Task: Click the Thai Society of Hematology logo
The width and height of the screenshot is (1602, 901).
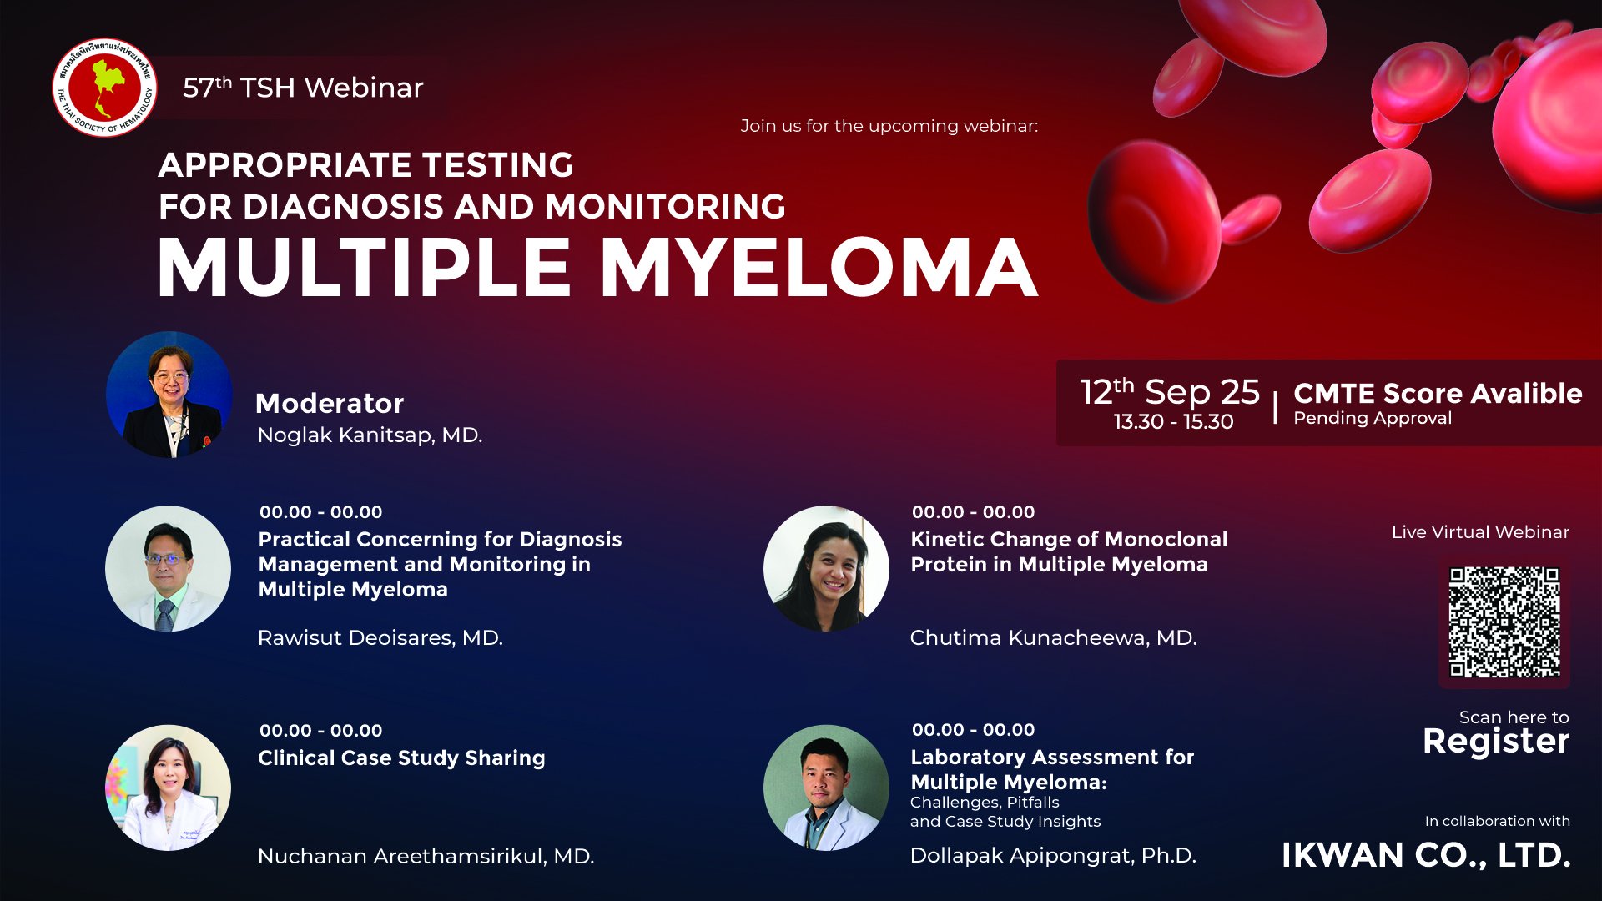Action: click(104, 88)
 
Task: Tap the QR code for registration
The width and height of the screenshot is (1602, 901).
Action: click(1504, 622)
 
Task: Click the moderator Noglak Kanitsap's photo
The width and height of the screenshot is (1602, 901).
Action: click(169, 395)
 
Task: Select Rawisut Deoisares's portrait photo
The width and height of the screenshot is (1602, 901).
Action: click(169, 568)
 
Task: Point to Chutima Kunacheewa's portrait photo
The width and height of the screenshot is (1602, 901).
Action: click(826, 568)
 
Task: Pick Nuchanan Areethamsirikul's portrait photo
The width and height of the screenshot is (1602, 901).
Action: click(169, 788)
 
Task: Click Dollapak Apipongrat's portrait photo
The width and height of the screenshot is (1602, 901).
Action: click(826, 788)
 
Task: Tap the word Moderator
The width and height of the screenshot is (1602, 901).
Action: click(330, 404)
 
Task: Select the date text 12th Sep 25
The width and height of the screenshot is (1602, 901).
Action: click(1170, 391)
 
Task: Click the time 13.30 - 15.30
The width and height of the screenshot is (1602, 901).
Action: click(1173, 421)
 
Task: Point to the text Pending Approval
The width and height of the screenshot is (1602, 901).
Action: click(1373, 418)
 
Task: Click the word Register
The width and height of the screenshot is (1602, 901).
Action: click(1496, 741)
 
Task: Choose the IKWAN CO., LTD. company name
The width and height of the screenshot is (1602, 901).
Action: click(1426, 855)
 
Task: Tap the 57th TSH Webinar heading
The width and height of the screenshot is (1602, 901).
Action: click(303, 88)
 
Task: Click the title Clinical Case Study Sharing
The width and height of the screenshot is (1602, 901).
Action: click(401, 758)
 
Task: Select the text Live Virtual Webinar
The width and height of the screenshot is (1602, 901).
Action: click(1480, 532)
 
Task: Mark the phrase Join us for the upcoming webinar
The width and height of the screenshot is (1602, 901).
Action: click(889, 126)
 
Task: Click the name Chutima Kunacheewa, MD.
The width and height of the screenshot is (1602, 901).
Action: click(1053, 638)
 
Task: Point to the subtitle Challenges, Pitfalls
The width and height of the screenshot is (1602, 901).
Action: click(985, 803)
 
